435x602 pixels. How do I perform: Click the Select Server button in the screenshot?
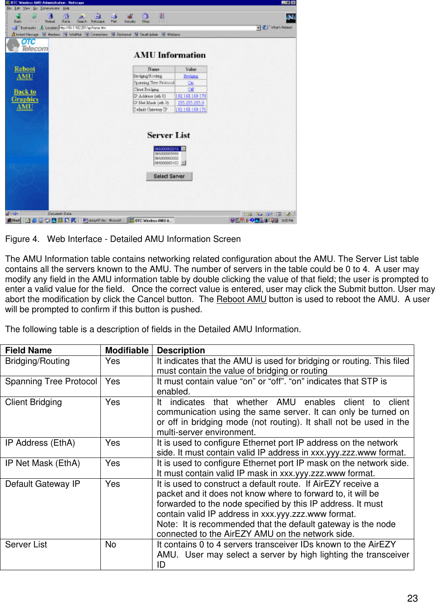click(x=169, y=176)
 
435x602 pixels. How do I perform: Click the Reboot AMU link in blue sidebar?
click(x=25, y=73)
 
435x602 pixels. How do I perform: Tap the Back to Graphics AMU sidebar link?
click(x=25, y=99)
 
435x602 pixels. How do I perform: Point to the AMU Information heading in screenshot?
click(x=169, y=55)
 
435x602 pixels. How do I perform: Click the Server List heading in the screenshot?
click(x=169, y=135)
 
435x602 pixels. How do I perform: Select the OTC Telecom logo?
click(x=28, y=45)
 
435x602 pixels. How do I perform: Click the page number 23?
click(x=412, y=598)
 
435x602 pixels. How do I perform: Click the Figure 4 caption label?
click(x=22, y=239)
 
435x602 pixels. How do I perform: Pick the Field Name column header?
click(x=28, y=350)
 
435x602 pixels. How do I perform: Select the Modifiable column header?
click(x=127, y=350)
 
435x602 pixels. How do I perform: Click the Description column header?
click(x=181, y=350)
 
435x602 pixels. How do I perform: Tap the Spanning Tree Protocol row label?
click(x=51, y=381)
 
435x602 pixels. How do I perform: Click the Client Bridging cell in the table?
click(x=33, y=402)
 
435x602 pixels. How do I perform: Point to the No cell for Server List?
click(x=111, y=544)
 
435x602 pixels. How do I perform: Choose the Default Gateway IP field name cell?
click(x=42, y=484)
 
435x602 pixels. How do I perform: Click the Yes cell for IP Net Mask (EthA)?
click(x=113, y=463)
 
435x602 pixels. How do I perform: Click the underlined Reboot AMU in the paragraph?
click(x=241, y=299)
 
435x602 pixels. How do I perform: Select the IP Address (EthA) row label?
click(x=40, y=443)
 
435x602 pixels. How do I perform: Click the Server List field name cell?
click(x=26, y=544)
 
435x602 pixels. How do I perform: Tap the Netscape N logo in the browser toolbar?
click(x=291, y=18)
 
